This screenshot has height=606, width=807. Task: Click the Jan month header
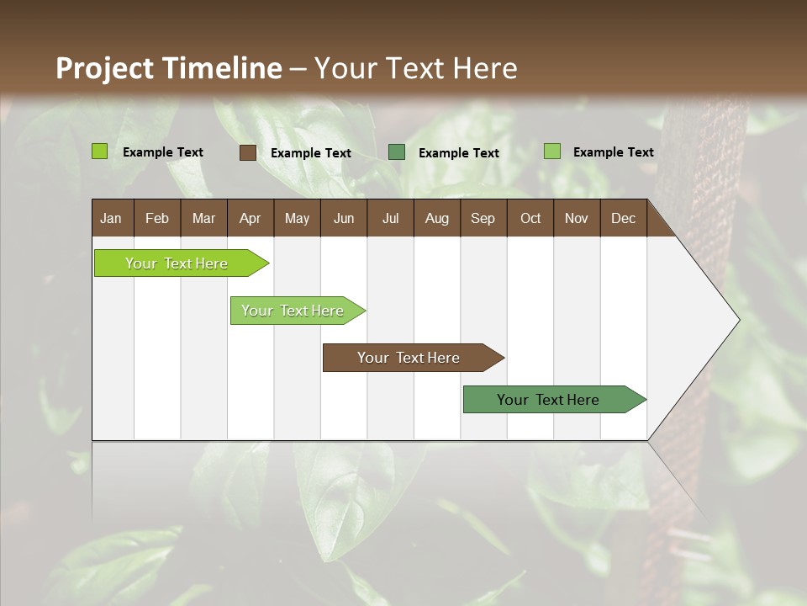pyautogui.click(x=111, y=218)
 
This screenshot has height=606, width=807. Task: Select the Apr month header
pyautogui.click(x=251, y=218)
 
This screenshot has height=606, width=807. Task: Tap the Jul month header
pyautogui.click(x=390, y=218)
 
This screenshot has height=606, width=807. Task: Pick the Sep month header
pyautogui.click(x=483, y=218)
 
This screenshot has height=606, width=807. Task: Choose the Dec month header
pyautogui.click(x=623, y=218)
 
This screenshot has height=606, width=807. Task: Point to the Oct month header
pyautogui.click(x=530, y=218)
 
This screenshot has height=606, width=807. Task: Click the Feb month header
pyautogui.click(x=157, y=218)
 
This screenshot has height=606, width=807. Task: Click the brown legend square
pyautogui.click(x=248, y=152)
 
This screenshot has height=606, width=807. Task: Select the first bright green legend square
pyautogui.click(x=100, y=151)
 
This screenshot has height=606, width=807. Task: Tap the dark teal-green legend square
pyautogui.click(x=397, y=152)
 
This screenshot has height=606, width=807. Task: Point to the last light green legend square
pyautogui.click(x=552, y=151)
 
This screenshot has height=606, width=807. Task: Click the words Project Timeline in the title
pyautogui.click(x=168, y=68)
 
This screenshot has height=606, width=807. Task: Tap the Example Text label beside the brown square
pyautogui.click(x=311, y=153)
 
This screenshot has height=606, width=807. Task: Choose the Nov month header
pyautogui.click(x=577, y=218)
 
